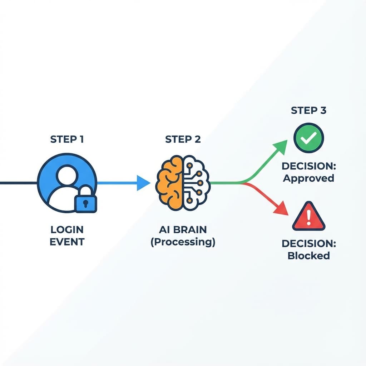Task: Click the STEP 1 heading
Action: click(x=67, y=139)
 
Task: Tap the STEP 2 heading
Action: click(x=183, y=139)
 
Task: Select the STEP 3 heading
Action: click(x=308, y=110)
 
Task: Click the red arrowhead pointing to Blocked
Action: click(x=282, y=209)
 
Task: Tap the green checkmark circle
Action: click(x=308, y=138)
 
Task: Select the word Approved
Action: click(x=308, y=178)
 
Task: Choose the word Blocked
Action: click(x=308, y=256)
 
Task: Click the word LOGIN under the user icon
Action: click(x=67, y=229)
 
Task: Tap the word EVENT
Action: click(x=67, y=242)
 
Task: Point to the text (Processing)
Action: click(x=183, y=242)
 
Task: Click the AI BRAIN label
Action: click(x=183, y=229)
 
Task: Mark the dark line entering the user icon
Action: click(x=18, y=183)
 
